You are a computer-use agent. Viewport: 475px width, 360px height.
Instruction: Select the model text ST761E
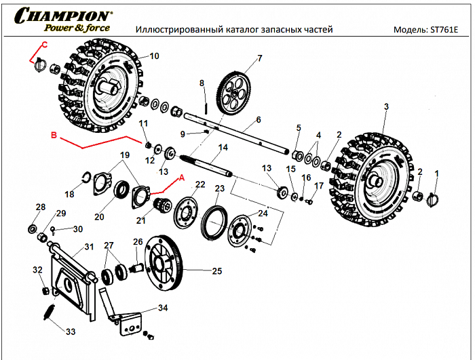[445, 31]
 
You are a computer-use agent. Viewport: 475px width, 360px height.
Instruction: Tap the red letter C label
[44, 45]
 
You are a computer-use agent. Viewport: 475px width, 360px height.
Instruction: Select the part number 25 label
[217, 271]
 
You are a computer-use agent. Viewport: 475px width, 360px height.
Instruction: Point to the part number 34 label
[163, 308]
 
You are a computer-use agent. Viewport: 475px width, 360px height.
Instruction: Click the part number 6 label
[259, 119]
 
